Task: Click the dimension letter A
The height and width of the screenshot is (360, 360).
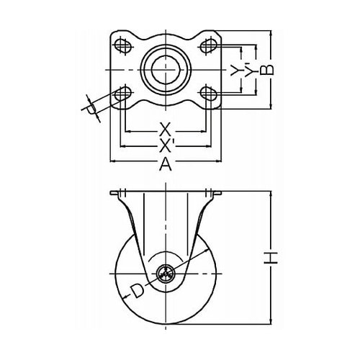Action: pos(166,164)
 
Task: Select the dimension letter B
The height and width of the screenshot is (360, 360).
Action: pos(267,70)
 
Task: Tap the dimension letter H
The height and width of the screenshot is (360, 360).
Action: pos(271,258)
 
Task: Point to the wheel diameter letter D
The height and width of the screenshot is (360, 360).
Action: pos(137,291)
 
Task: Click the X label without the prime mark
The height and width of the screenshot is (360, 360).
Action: pos(164,130)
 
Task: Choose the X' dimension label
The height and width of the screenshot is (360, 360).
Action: pos(166,145)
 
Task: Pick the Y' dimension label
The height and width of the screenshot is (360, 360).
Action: pos(249,70)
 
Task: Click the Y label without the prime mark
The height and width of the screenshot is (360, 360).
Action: pos(235,70)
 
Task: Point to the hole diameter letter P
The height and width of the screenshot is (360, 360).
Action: pos(91,109)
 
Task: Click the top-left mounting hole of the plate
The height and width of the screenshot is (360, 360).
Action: pos(123,45)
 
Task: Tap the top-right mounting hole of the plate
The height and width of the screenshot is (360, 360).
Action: pos(209,45)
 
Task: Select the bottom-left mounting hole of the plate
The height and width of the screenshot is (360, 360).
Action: pos(123,94)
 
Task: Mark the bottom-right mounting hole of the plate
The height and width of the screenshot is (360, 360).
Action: pos(209,94)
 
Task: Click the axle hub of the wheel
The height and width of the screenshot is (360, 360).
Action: pos(166,274)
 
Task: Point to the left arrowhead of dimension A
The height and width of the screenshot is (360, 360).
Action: pos(114,161)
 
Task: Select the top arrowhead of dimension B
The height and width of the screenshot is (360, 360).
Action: pos(271,34)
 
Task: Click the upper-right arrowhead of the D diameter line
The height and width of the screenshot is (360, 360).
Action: pos(206,251)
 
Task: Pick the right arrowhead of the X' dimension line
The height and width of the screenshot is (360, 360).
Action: pos(207,145)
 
